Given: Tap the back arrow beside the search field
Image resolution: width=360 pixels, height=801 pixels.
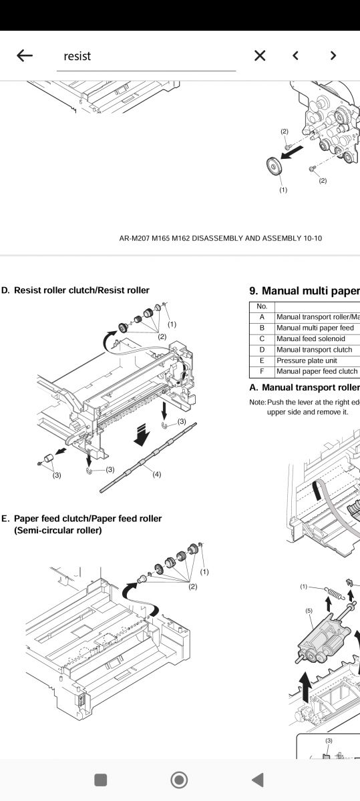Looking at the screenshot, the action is click(25, 55).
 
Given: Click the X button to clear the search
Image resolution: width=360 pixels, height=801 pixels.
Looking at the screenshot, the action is click(260, 55).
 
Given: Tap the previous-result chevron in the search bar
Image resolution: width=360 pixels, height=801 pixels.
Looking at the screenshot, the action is click(295, 55).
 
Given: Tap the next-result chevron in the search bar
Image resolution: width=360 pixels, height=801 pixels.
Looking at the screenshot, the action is click(333, 55).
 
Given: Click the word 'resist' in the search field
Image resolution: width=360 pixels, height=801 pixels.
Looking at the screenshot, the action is click(77, 56).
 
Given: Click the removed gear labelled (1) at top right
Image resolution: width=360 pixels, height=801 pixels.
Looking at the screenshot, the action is click(275, 166).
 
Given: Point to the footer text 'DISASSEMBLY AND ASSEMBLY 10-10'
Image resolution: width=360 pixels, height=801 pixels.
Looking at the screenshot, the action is click(256, 238).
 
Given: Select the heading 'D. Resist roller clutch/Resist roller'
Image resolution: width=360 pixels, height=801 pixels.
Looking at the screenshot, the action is click(75, 290).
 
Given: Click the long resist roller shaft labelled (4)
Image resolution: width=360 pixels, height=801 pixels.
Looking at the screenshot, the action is click(148, 458).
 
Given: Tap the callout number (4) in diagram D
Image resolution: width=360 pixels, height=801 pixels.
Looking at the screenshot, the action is click(157, 475).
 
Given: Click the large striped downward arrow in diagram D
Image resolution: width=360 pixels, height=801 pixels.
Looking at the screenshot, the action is click(142, 435).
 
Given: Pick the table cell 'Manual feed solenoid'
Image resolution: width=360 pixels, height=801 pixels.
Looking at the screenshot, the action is click(311, 338).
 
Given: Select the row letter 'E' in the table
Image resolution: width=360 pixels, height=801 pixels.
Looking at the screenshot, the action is click(262, 360).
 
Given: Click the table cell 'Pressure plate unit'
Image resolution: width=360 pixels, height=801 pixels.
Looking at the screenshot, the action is click(307, 360).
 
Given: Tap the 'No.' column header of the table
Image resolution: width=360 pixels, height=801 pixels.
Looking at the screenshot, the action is click(262, 306).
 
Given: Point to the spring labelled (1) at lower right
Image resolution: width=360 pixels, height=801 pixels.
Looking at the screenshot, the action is click(335, 594).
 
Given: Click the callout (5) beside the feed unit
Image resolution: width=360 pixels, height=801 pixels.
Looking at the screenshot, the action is click(309, 611).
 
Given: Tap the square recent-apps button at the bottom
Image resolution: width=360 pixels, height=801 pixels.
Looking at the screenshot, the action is click(100, 780).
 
